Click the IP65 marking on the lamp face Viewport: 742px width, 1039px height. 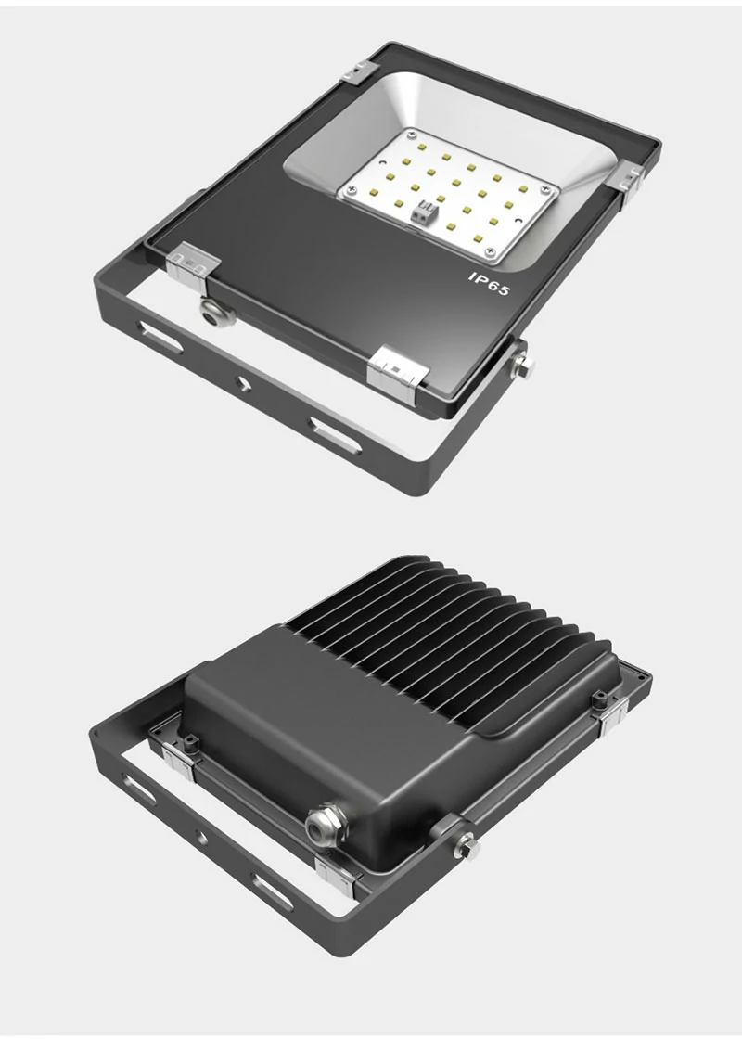point(490,283)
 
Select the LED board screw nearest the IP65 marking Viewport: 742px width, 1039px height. point(491,250)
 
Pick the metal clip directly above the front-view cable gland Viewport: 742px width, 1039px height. point(194,263)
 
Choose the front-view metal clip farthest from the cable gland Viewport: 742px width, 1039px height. point(628,176)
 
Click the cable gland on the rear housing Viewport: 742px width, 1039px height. point(324,824)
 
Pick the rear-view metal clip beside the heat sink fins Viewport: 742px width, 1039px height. point(612,714)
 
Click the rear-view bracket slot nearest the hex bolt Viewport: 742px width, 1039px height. point(272,890)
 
